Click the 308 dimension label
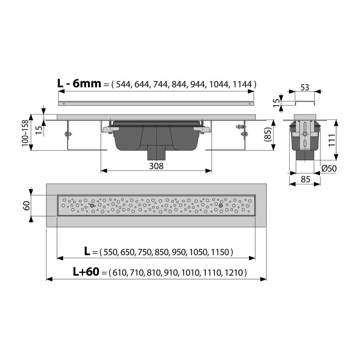[x=156, y=166]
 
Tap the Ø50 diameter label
[x=329, y=168]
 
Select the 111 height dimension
[x=332, y=140]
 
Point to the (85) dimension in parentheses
[x=268, y=134]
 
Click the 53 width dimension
[x=304, y=88]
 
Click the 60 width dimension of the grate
[x=26, y=205]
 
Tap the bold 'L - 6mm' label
[x=79, y=83]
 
